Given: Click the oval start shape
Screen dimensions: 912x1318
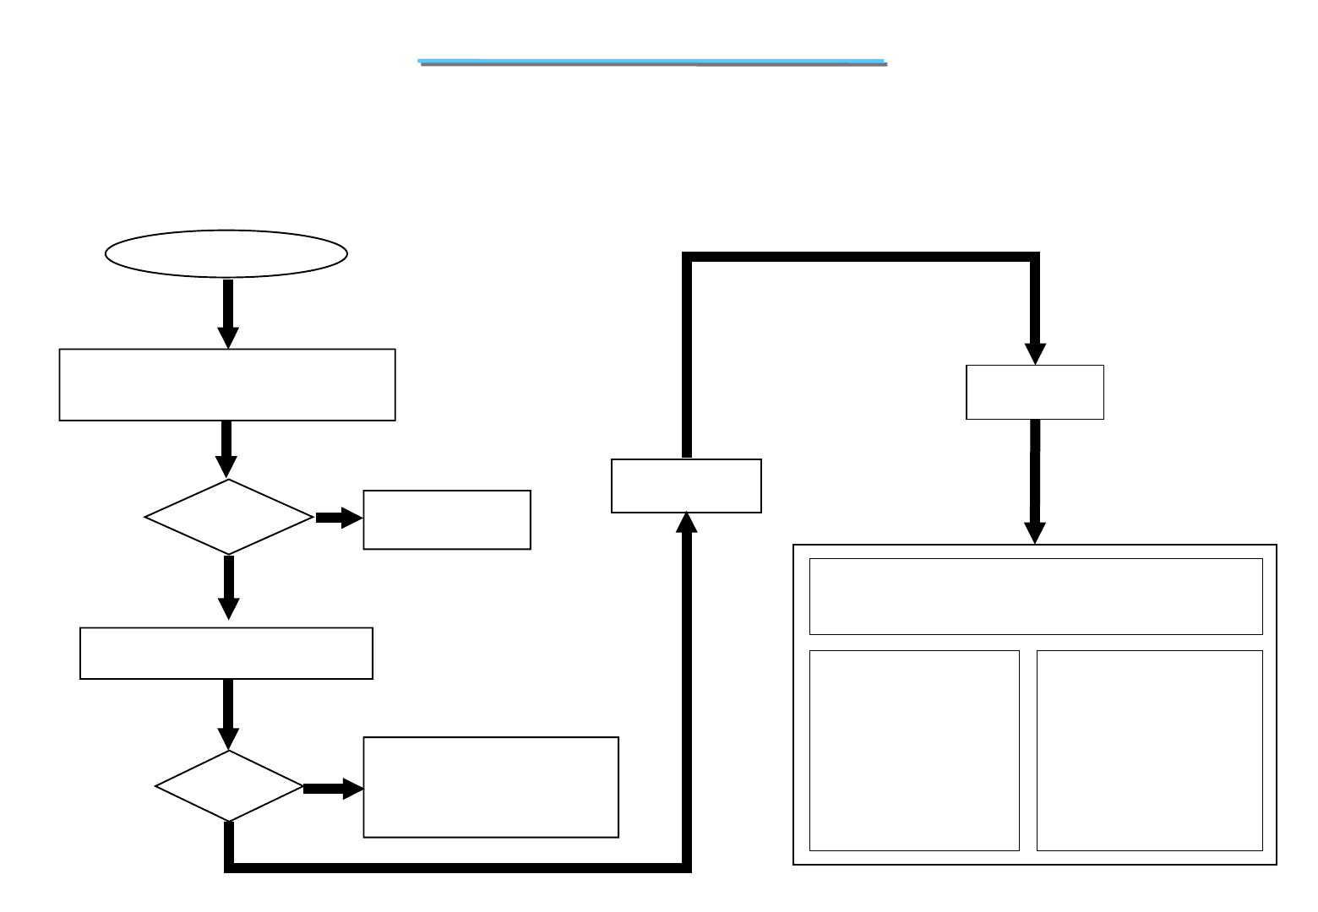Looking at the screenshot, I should pyautogui.click(x=226, y=252).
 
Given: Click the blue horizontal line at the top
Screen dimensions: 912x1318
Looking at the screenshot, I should pyautogui.click(x=652, y=62).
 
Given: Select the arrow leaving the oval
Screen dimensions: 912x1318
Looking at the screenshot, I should pyautogui.click(x=227, y=312).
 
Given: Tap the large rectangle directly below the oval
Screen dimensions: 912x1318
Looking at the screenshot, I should pyautogui.click(x=227, y=384).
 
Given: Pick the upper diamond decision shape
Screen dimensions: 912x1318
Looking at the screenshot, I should pyautogui.click(x=228, y=517).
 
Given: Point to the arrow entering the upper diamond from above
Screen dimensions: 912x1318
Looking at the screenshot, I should pyautogui.click(x=226, y=449).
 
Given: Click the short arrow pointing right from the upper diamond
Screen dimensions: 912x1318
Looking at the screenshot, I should pyautogui.click(x=339, y=518).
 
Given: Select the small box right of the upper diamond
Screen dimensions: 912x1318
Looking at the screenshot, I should pyautogui.click(x=447, y=519).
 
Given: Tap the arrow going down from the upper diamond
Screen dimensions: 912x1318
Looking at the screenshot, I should pyautogui.click(x=228, y=588).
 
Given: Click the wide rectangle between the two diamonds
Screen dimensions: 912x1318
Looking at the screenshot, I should pyautogui.click(x=226, y=653).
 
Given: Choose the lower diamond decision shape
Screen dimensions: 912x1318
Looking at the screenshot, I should pyautogui.click(x=229, y=786).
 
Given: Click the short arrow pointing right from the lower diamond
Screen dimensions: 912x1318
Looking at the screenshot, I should pyautogui.click(x=333, y=789).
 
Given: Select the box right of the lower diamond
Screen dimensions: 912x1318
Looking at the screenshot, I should pyautogui.click(x=491, y=787).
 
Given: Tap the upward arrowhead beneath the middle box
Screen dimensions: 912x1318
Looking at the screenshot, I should pyautogui.click(x=687, y=523).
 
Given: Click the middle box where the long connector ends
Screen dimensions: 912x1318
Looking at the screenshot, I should pyautogui.click(x=686, y=486).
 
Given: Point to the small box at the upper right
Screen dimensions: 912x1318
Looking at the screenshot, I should pyautogui.click(x=1035, y=392).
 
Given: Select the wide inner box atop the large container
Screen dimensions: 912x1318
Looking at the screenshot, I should pyautogui.click(x=1036, y=596).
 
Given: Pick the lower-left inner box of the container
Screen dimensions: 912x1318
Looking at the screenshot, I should pyautogui.click(x=914, y=750).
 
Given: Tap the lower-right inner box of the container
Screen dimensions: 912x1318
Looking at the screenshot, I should pyautogui.click(x=1149, y=750).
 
